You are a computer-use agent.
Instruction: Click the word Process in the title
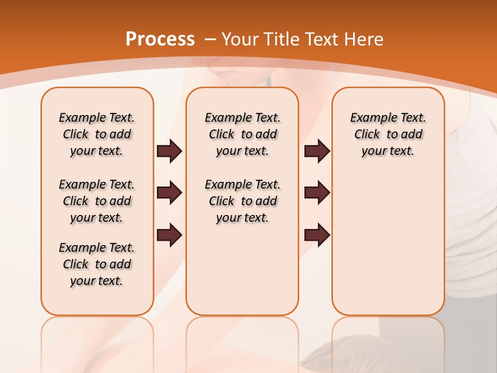coord(160,39)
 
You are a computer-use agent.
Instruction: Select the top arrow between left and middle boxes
coord(169,151)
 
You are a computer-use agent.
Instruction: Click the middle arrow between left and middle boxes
coord(169,193)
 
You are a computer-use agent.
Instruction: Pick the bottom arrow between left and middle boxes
coord(169,235)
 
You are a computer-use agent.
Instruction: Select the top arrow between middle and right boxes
coord(317,151)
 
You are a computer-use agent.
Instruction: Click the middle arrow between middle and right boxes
coord(317,193)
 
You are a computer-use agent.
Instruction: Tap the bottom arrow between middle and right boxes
coord(317,235)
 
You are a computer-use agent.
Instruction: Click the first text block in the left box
coord(97,134)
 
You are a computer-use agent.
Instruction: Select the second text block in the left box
coord(97,201)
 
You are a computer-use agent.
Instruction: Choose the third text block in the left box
coord(97,264)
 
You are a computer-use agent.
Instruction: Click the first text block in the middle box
coord(242,134)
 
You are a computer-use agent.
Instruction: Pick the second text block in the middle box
coord(242,201)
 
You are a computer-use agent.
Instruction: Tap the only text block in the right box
coord(388,134)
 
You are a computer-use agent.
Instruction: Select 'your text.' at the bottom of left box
coord(97,281)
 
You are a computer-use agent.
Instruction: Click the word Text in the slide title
coord(321,39)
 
